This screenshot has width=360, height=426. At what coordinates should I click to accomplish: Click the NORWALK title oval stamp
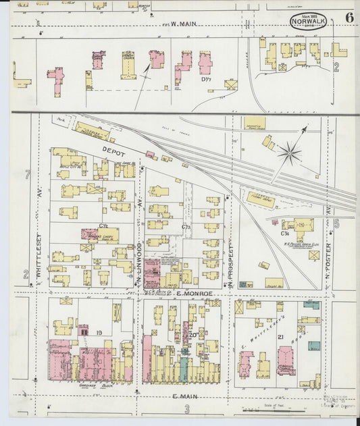coord(308,22)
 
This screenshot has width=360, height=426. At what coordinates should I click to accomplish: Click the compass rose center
coord(290,154)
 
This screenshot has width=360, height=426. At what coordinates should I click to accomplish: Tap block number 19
coord(99,333)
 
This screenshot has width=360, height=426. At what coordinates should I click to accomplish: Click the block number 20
coord(192,334)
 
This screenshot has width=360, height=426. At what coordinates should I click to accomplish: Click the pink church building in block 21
coord(286,361)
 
